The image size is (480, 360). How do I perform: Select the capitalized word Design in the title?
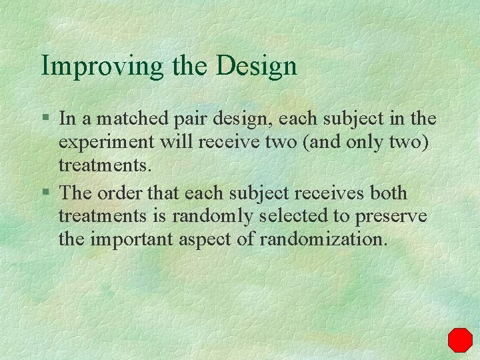(x=257, y=66)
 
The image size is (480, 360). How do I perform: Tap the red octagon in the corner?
(x=459, y=339)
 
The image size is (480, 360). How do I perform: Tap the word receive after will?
(x=223, y=143)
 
